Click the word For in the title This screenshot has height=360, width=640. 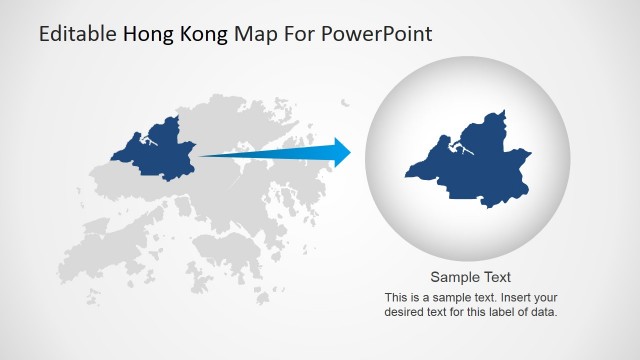(x=296, y=34)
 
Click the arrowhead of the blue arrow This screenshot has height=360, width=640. (x=340, y=153)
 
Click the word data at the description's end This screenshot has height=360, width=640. (x=543, y=311)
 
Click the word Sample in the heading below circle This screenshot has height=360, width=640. (x=450, y=278)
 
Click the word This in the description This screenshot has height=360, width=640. (x=396, y=297)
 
